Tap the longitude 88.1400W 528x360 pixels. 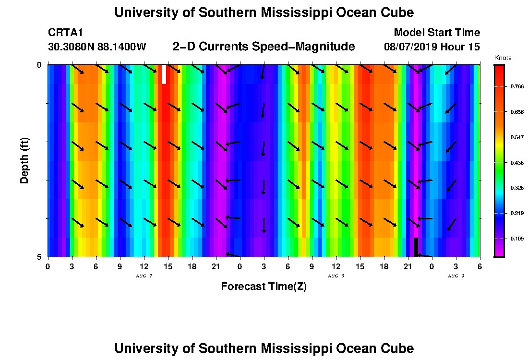(122, 47)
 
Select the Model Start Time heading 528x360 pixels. (437, 33)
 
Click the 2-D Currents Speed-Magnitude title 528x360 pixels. (264, 47)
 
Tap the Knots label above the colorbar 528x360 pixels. (503, 58)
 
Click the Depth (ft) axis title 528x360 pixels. (24, 161)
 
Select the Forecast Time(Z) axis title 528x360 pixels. (264, 287)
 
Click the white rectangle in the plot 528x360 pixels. (164, 74)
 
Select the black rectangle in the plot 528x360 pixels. (416, 247)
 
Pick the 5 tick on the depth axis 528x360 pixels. (40, 257)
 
